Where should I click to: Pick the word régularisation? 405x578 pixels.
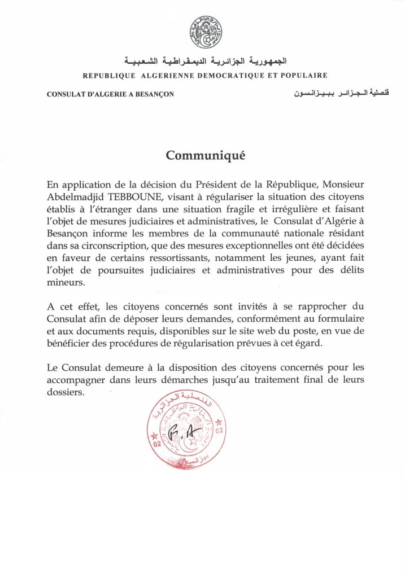click(x=220, y=344)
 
